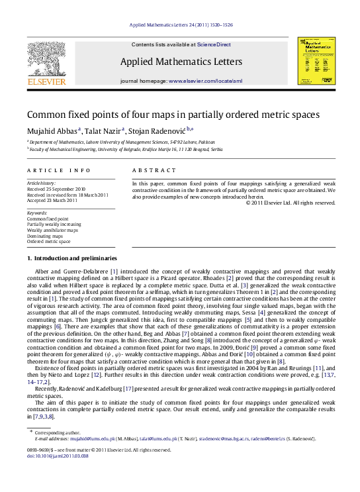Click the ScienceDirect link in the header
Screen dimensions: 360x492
(212, 44)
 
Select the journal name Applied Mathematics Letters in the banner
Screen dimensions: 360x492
(180, 61)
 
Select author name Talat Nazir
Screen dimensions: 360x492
(103, 129)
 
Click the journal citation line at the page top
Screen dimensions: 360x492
(180, 25)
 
